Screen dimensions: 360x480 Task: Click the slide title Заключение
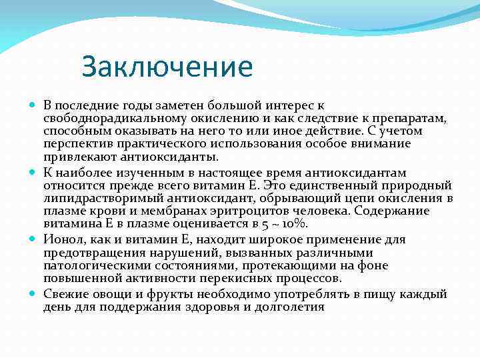click(167, 67)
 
